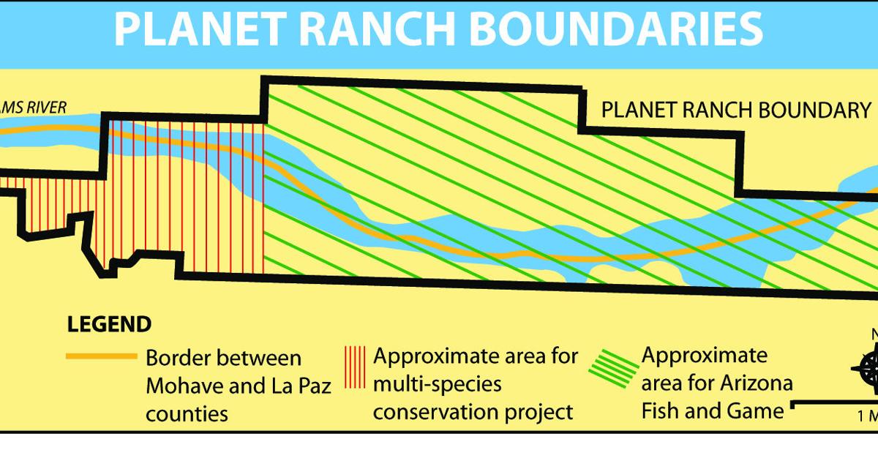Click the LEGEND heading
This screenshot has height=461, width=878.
[x=109, y=324]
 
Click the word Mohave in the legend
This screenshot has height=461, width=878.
[x=187, y=386]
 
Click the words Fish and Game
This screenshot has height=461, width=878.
[x=712, y=411]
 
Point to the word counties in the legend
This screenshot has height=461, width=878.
[x=187, y=413]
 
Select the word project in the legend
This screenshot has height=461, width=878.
[x=537, y=411]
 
